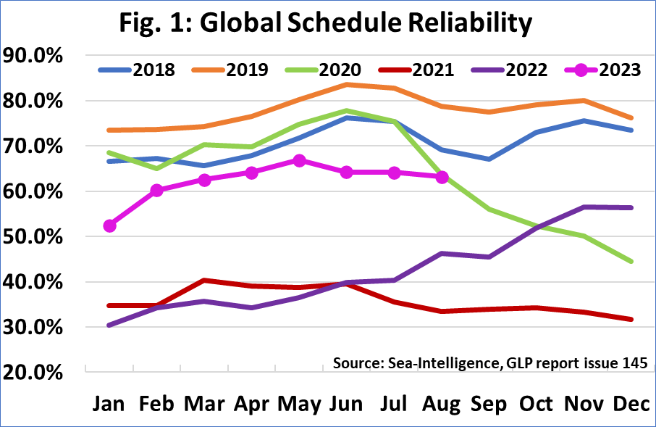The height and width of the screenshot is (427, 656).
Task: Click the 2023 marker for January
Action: (x=110, y=226)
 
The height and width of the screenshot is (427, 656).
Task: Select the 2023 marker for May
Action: (x=298, y=160)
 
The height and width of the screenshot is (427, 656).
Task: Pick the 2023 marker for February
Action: (x=157, y=191)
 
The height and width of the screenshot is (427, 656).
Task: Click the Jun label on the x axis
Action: (x=345, y=404)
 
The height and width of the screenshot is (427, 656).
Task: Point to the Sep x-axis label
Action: (x=489, y=404)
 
